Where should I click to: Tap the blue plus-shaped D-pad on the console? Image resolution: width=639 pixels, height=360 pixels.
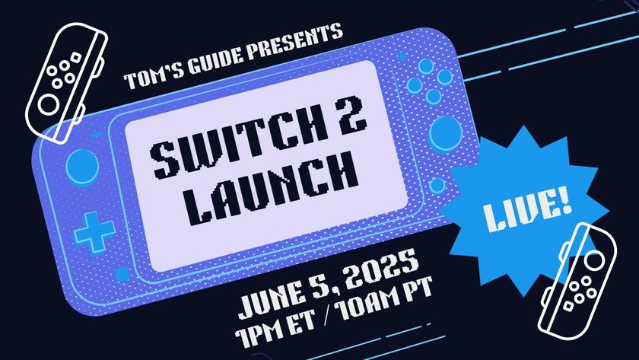(94, 232)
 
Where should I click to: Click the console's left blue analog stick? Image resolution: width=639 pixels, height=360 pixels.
(82, 167)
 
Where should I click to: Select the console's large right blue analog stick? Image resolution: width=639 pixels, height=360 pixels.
(445, 133)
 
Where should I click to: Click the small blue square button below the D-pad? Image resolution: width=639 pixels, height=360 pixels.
(122, 274)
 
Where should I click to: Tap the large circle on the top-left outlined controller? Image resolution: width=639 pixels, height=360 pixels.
(49, 104)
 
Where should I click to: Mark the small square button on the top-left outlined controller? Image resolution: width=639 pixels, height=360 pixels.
(75, 56)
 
